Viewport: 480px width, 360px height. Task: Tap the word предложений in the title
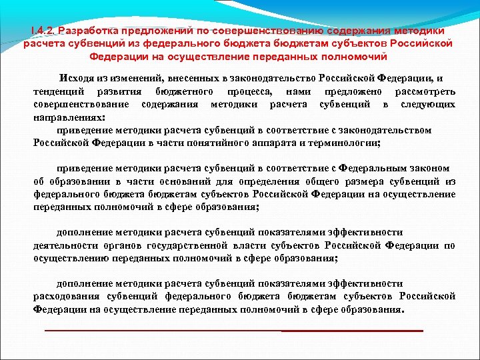[155, 30]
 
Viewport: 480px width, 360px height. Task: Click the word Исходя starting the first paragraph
[75, 78]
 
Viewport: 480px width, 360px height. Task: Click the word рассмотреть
[425, 91]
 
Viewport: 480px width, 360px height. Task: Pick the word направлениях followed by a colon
[69, 117]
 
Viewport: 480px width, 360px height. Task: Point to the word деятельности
[65, 245]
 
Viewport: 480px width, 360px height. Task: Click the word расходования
[66, 296]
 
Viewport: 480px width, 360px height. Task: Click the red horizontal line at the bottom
[233, 331]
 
